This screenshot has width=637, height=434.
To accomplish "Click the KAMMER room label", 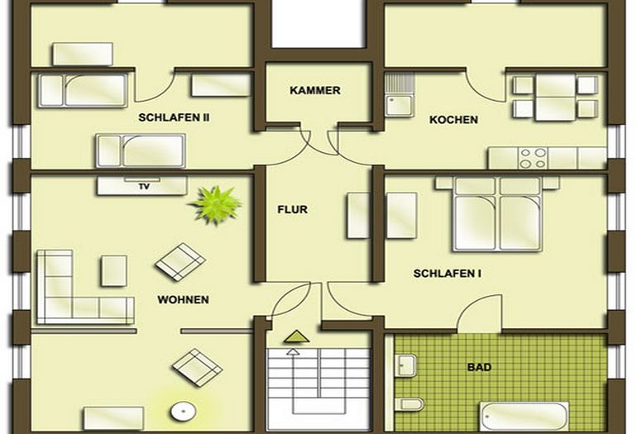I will pos(315,90).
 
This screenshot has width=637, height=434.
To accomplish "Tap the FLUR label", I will pos(292,210).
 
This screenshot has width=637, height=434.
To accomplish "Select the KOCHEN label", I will pos(453,120).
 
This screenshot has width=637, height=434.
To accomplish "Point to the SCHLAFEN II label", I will pos(174,117).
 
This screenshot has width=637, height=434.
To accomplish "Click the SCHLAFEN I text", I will pos(447,273).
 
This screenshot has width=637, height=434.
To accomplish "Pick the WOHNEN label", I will pos(183,299).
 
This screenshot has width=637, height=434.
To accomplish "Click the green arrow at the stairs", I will pos(295,336).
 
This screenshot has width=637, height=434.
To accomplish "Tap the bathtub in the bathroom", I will pos(524,416).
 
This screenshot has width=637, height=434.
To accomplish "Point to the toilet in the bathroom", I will pos(410,404).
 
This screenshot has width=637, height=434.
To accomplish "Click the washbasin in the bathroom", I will pos(406,365).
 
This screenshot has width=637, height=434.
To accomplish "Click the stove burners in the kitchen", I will pos(530,157).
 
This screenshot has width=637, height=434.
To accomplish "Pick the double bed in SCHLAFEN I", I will pos(496,212).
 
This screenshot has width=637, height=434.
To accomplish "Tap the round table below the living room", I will pos(182,410).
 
